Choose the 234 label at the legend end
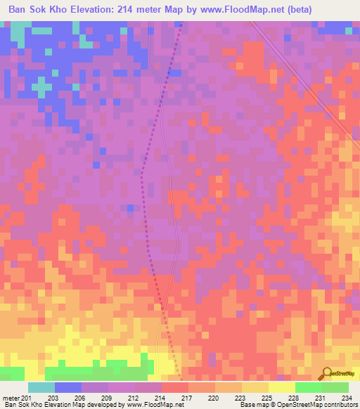click(x=345, y=398)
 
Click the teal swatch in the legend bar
click(x=41, y=387)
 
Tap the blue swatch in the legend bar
click(x=68, y=387)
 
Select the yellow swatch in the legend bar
click(x=282, y=387)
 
